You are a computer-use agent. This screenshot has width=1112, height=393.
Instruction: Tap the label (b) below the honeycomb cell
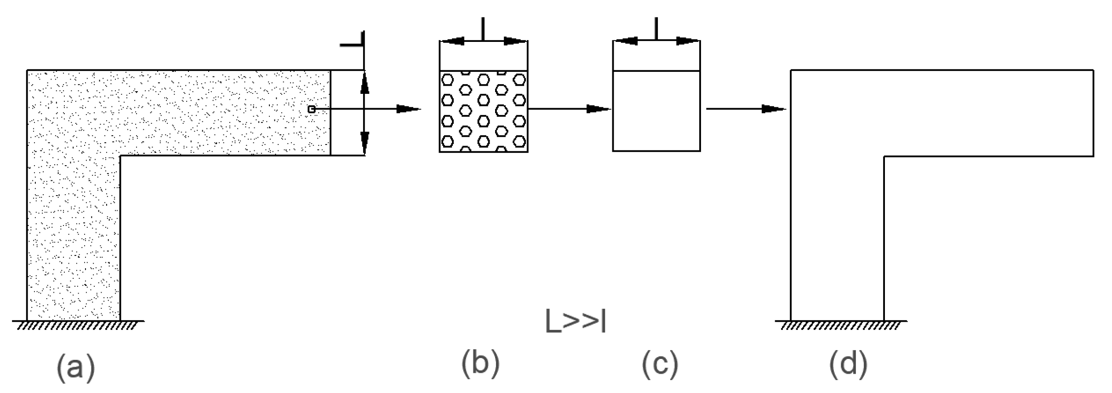click(480, 364)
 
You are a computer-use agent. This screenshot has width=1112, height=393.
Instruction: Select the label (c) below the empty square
click(660, 364)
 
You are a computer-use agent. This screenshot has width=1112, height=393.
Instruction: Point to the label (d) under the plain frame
click(849, 364)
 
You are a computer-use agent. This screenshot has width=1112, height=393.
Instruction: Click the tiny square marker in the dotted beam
click(312, 109)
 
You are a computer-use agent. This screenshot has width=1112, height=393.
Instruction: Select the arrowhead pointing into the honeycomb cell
click(408, 109)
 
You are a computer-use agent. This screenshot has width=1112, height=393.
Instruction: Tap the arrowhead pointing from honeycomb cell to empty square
click(598, 109)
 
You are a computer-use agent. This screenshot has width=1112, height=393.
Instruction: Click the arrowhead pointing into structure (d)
click(773, 109)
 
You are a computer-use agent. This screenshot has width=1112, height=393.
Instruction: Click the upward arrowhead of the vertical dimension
click(365, 84)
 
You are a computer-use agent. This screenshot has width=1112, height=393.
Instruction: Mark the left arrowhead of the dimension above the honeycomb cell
click(452, 41)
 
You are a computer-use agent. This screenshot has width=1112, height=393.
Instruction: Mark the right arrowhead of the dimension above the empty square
click(688, 41)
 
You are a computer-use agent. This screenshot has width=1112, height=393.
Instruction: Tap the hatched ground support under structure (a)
click(76, 325)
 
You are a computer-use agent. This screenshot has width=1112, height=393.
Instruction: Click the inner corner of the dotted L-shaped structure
click(120, 156)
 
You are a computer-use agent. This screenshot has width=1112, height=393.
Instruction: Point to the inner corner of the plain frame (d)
click(884, 156)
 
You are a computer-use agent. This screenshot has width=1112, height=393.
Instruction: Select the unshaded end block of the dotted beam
click(347, 113)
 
